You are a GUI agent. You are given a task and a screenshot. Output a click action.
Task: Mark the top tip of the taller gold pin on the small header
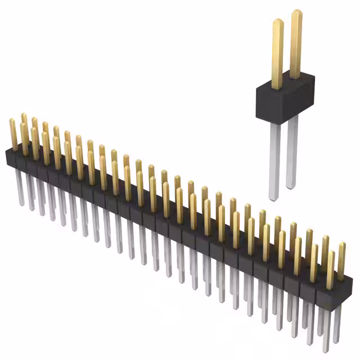[296, 12]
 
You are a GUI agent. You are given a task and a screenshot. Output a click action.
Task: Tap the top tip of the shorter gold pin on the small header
[277, 21]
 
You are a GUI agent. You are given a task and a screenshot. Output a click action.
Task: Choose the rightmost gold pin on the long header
[341, 259]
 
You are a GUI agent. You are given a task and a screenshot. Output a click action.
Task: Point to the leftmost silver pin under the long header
[20, 186]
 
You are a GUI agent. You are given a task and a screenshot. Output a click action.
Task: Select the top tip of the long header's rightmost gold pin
[341, 244]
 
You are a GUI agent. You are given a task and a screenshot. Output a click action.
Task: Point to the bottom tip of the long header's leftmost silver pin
[21, 204]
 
